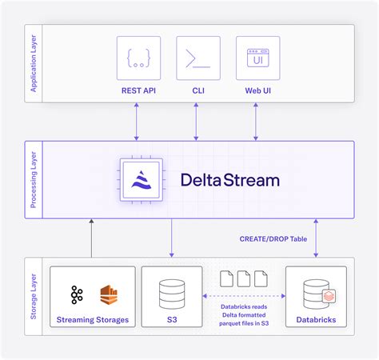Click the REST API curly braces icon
coord(138,58)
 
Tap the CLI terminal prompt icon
coord(197,58)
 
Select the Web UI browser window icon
coord(257,58)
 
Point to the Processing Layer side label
coord(34,180)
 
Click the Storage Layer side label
coord(34,296)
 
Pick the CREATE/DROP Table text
coord(273,238)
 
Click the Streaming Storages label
coord(92,321)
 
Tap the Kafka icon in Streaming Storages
coord(77,294)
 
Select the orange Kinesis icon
coord(110,294)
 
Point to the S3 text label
coord(171,321)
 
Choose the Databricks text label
coord(316,321)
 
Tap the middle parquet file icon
coord(244,278)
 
